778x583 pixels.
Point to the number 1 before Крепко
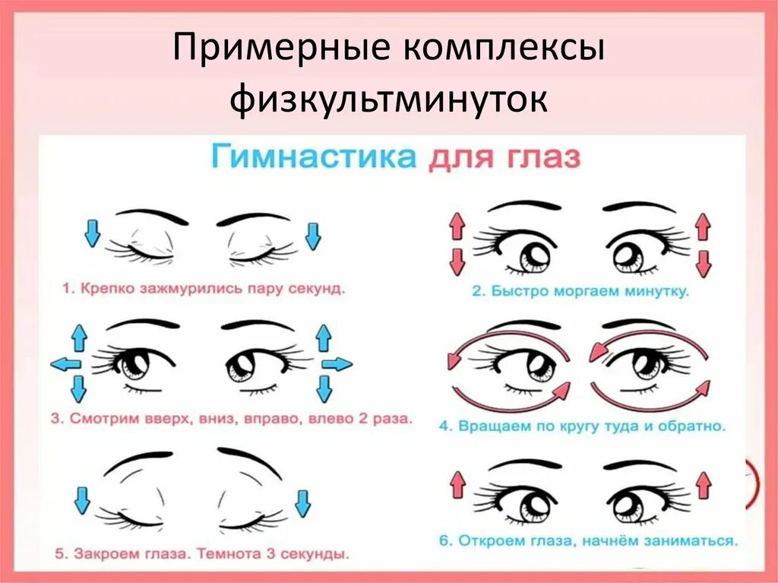point(66,289)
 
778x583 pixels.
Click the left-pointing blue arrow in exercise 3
point(65,364)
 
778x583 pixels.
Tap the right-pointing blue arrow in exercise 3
point(336,364)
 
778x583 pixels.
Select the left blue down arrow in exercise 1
point(92,233)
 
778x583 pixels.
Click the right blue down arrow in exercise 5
point(303,502)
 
